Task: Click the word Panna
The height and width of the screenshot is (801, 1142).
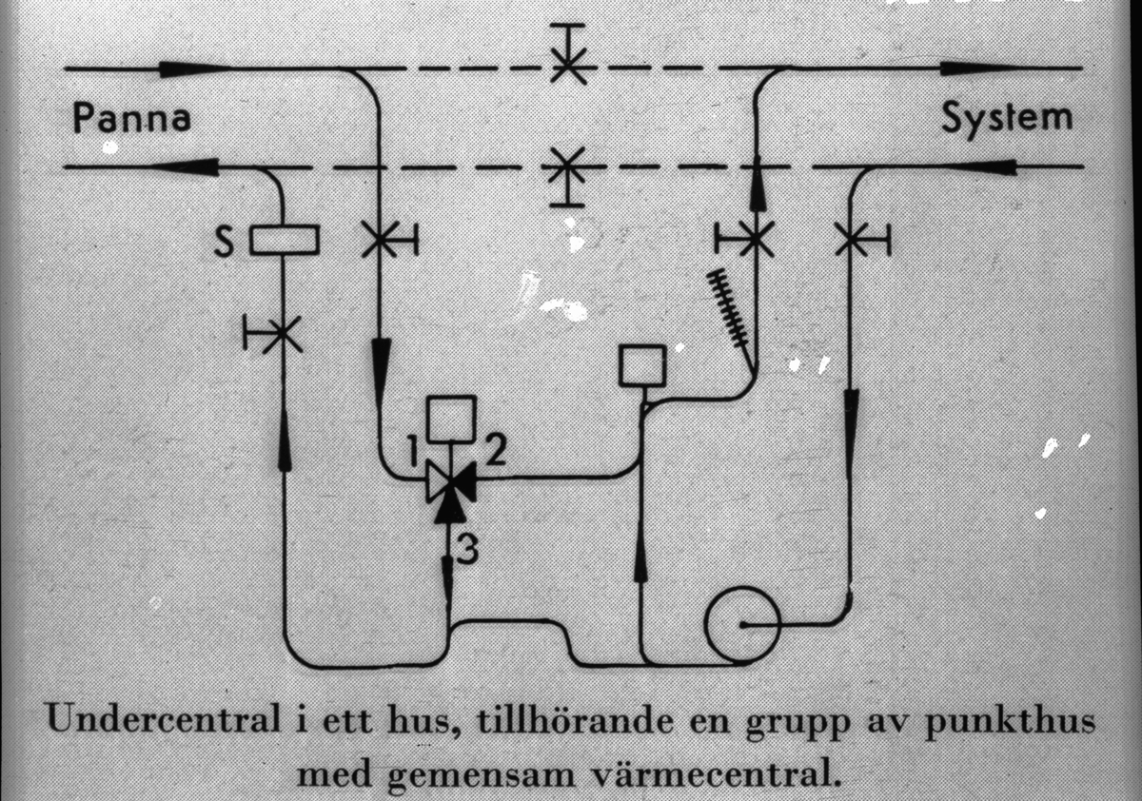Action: pos(132,121)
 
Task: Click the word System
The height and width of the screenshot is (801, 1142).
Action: pos(1007,119)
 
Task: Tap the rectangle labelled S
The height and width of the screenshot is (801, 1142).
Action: pos(285,240)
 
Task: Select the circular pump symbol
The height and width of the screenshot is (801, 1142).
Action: pos(742,624)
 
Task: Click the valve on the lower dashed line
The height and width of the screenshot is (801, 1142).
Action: pos(568,171)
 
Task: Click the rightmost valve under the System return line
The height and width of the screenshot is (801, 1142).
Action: pos(851,239)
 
